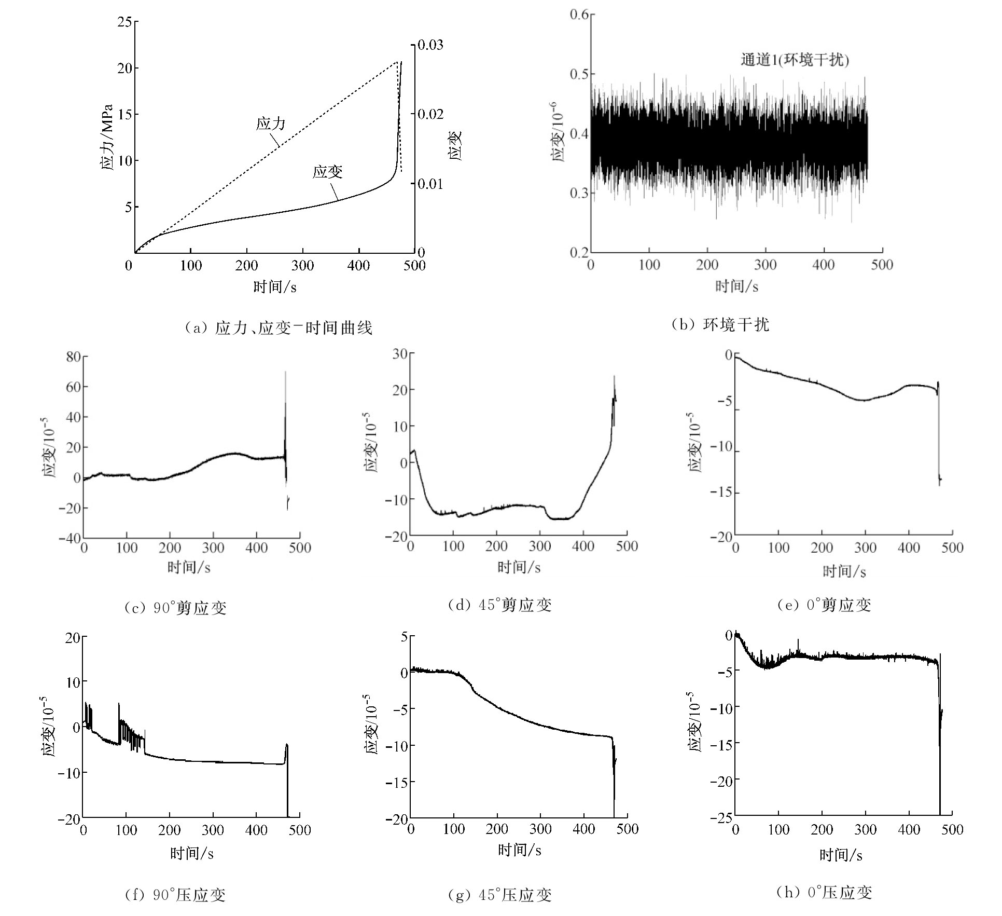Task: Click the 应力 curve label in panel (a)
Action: (x=271, y=124)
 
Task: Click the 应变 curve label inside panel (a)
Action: (x=327, y=172)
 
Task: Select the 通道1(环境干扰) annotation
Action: (x=794, y=60)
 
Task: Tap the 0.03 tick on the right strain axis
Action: (x=431, y=45)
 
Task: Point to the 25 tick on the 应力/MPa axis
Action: (x=124, y=22)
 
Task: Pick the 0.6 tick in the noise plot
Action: (x=579, y=15)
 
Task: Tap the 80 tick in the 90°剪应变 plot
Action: (x=73, y=357)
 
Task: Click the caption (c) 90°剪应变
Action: (x=175, y=608)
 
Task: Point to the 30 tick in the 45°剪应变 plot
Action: (x=400, y=354)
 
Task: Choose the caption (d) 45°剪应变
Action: (x=499, y=605)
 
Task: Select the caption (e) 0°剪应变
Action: (x=824, y=605)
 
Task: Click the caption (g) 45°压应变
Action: (x=499, y=895)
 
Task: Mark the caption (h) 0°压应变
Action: (x=824, y=893)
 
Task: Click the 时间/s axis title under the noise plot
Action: (x=736, y=286)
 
